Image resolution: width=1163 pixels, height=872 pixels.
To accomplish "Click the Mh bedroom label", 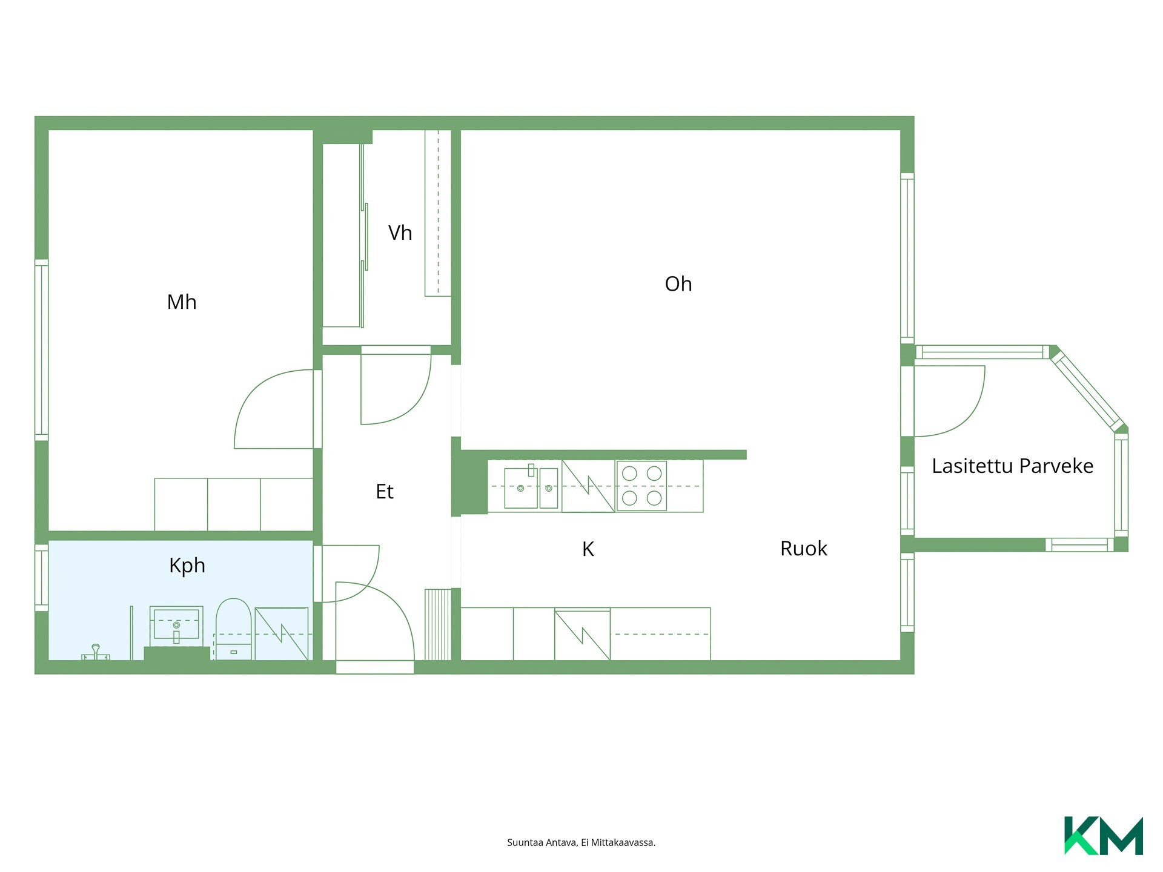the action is click(x=182, y=302).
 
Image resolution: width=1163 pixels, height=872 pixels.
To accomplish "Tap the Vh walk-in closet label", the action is click(x=400, y=233).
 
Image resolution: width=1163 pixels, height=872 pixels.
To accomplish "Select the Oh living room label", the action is click(x=678, y=283).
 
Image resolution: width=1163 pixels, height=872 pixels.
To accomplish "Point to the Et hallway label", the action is click(x=385, y=491).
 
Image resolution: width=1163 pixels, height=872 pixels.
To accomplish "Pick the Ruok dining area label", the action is click(x=803, y=548).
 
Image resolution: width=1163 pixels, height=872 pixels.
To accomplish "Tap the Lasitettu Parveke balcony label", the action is click(x=1012, y=466).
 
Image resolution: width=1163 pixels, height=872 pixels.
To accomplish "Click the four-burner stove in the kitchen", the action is click(x=641, y=486).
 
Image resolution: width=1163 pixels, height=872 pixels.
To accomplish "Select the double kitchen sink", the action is click(x=531, y=487).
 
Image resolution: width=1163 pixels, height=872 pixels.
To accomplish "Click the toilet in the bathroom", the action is click(x=234, y=629).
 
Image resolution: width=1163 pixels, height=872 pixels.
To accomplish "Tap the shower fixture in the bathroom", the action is click(x=96, y=653).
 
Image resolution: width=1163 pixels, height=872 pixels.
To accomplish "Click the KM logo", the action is click(x=1104, y=836).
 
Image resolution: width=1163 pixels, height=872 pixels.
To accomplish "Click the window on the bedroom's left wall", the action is click(x=41, y=350).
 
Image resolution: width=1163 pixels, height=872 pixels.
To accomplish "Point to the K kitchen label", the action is click(x=588, y=549).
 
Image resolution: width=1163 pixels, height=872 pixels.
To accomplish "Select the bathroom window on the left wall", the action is click(x=41, y=578).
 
